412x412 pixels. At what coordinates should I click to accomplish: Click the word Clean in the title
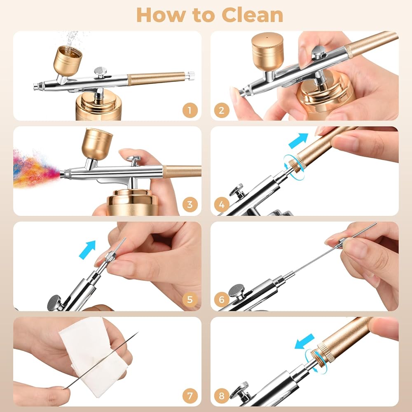[x=253, y=15]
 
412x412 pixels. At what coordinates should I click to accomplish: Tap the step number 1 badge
[x=190, y=110]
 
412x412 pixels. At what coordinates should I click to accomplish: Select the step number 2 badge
[x=222, y=110]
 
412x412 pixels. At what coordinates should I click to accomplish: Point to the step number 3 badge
[x=190, y=204]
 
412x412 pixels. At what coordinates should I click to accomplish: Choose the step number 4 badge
[x=222, y=204]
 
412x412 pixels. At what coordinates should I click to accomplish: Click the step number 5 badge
[x=190, y=300]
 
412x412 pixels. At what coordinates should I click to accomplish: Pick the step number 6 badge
[x=222, y=300]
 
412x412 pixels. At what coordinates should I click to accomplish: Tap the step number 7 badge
[x=190, y=396]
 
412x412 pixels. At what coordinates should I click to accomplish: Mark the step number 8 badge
[x=222, y=396]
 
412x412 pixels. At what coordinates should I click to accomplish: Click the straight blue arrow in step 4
[x=298, y=140]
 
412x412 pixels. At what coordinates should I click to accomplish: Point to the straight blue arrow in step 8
[x=304, y=342]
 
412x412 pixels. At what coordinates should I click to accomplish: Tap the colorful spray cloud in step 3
[x=35, y=168]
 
